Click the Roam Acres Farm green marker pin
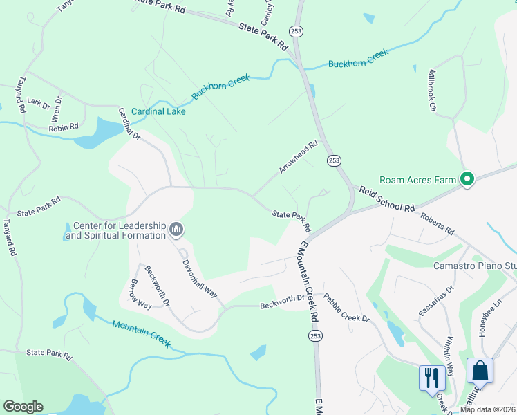click(x=467, y=180)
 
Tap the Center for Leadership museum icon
click(x=176, y=229)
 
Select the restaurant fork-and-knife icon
click(x=431, y=378)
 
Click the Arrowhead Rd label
click(x=298, y=157)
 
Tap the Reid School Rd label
click(x=385, y=199)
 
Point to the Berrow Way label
click(x=141, y=294)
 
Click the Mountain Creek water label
click(x=141, y=329)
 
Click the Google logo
click(x=23, y=407)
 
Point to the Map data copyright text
click(x=488, y=409)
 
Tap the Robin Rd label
click(x=64, y=127)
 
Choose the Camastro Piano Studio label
click(x=474, y=266)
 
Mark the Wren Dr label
click(x=57, y=109)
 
